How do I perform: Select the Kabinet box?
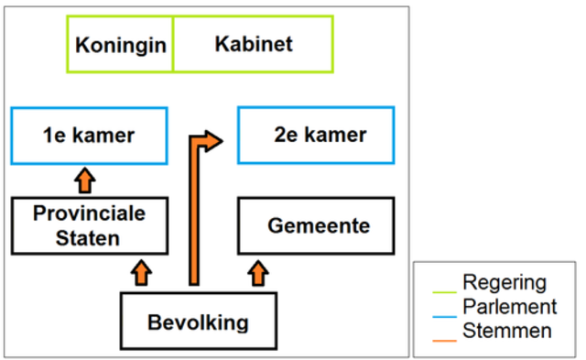[x=254, y=45]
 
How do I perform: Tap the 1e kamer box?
[x=89, y=136]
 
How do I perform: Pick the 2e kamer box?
[x=316, y=136]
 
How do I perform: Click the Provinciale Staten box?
[x=89, y=225]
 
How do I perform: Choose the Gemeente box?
[x=316, y=225]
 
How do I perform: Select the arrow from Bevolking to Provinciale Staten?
[x=141, y=272]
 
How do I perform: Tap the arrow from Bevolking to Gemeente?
[x=259, y=272]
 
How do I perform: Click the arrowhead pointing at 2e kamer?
[x=214, y=141]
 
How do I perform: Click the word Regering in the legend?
[x=504, y=282]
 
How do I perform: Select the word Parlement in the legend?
[x=509, y=306]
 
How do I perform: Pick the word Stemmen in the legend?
[x=506, y=330]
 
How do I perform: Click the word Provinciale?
[x=89, y=214]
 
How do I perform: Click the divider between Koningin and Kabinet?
[x=172, y=45]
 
